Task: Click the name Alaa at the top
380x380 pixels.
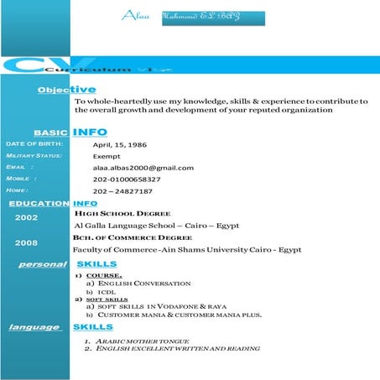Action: coord(134,16)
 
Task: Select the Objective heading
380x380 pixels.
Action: coord(67,90)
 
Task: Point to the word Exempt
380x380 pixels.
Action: coord(107,156)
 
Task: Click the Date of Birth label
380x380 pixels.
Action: coord(29,144)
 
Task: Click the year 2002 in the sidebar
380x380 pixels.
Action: coord(26,217)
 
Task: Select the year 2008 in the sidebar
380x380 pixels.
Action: coord(26,243)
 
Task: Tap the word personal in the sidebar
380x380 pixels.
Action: coord(43,265)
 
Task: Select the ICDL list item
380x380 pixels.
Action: coord(107,292)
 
